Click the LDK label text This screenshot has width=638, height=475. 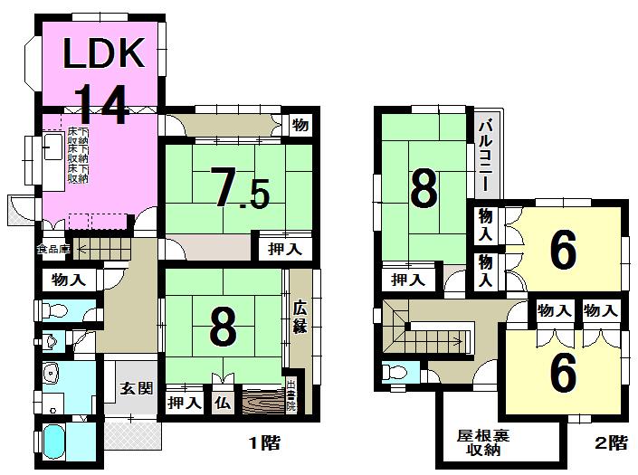(103, 53)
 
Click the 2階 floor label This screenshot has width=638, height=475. (612, 443)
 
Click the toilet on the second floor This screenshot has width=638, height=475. (394, 373)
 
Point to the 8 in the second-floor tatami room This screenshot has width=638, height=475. (424, 188)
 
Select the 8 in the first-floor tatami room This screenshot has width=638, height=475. (223, 328)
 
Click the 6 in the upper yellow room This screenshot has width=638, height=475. (562, 252)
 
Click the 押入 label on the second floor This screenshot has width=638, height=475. (408, 280)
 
